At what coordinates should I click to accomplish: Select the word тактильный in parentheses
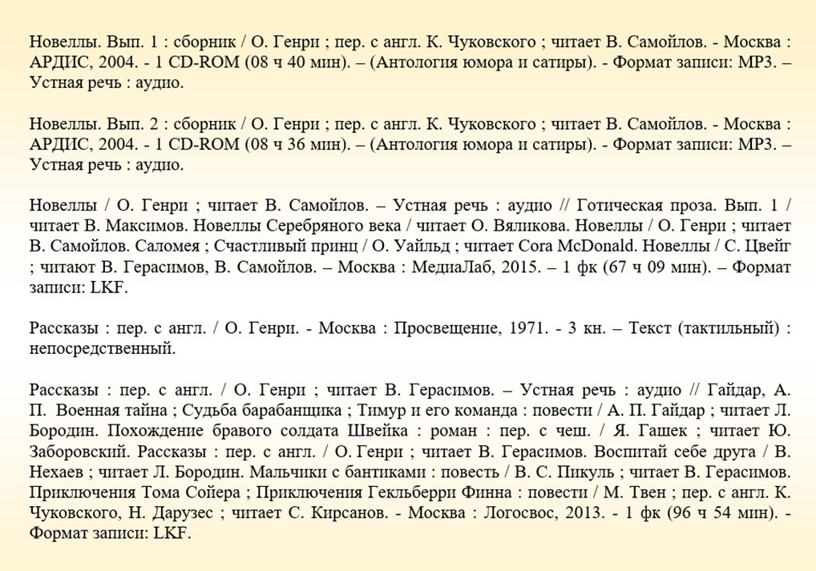click(x=730, y=328)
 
